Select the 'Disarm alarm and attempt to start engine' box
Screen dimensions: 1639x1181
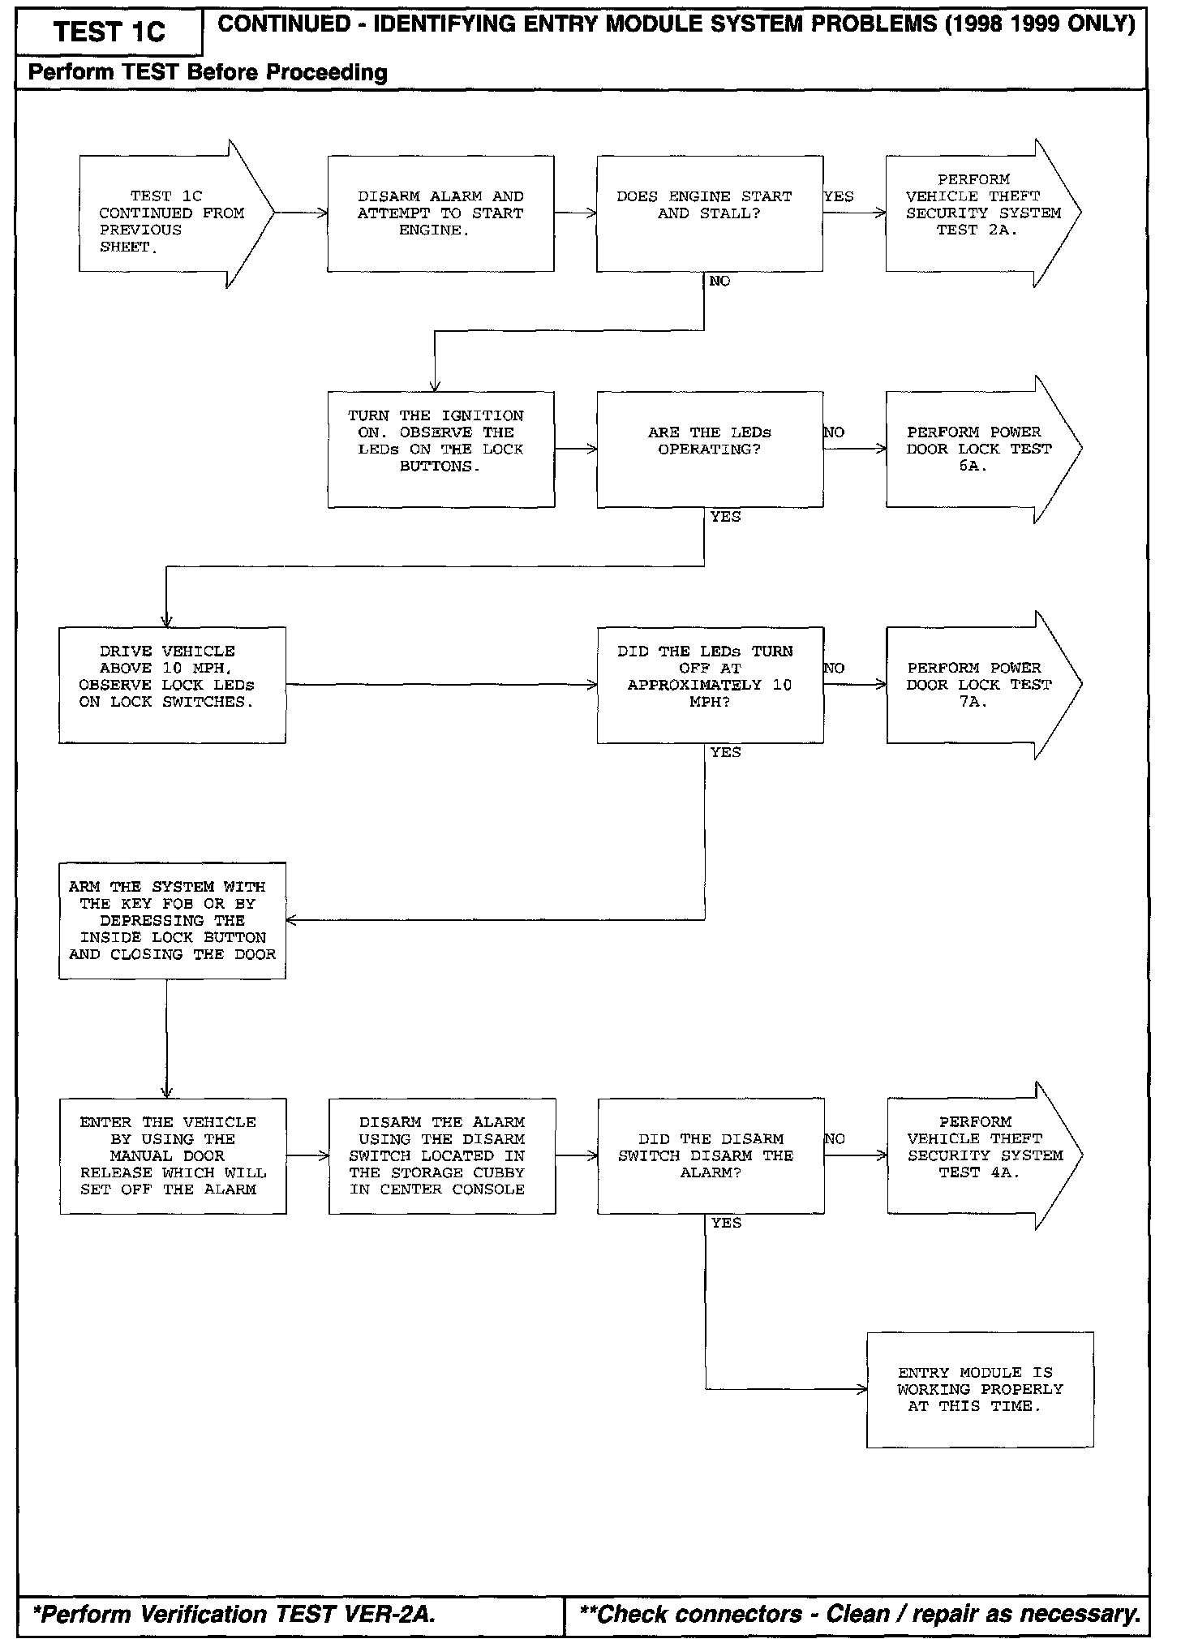tap(440, 213)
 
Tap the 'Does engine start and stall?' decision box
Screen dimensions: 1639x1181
tap(710, 213)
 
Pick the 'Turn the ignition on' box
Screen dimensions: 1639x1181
tap(440, 450)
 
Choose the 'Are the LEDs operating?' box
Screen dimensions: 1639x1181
tap(710, 450)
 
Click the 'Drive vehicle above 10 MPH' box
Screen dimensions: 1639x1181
tap(172, 685)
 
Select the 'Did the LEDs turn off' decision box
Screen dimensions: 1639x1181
tap(710, 685)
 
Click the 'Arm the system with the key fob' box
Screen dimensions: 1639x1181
tap(172, 920)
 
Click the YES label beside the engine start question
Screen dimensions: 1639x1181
tap(839, 196)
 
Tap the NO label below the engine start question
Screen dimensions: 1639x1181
tap(719, 281)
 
